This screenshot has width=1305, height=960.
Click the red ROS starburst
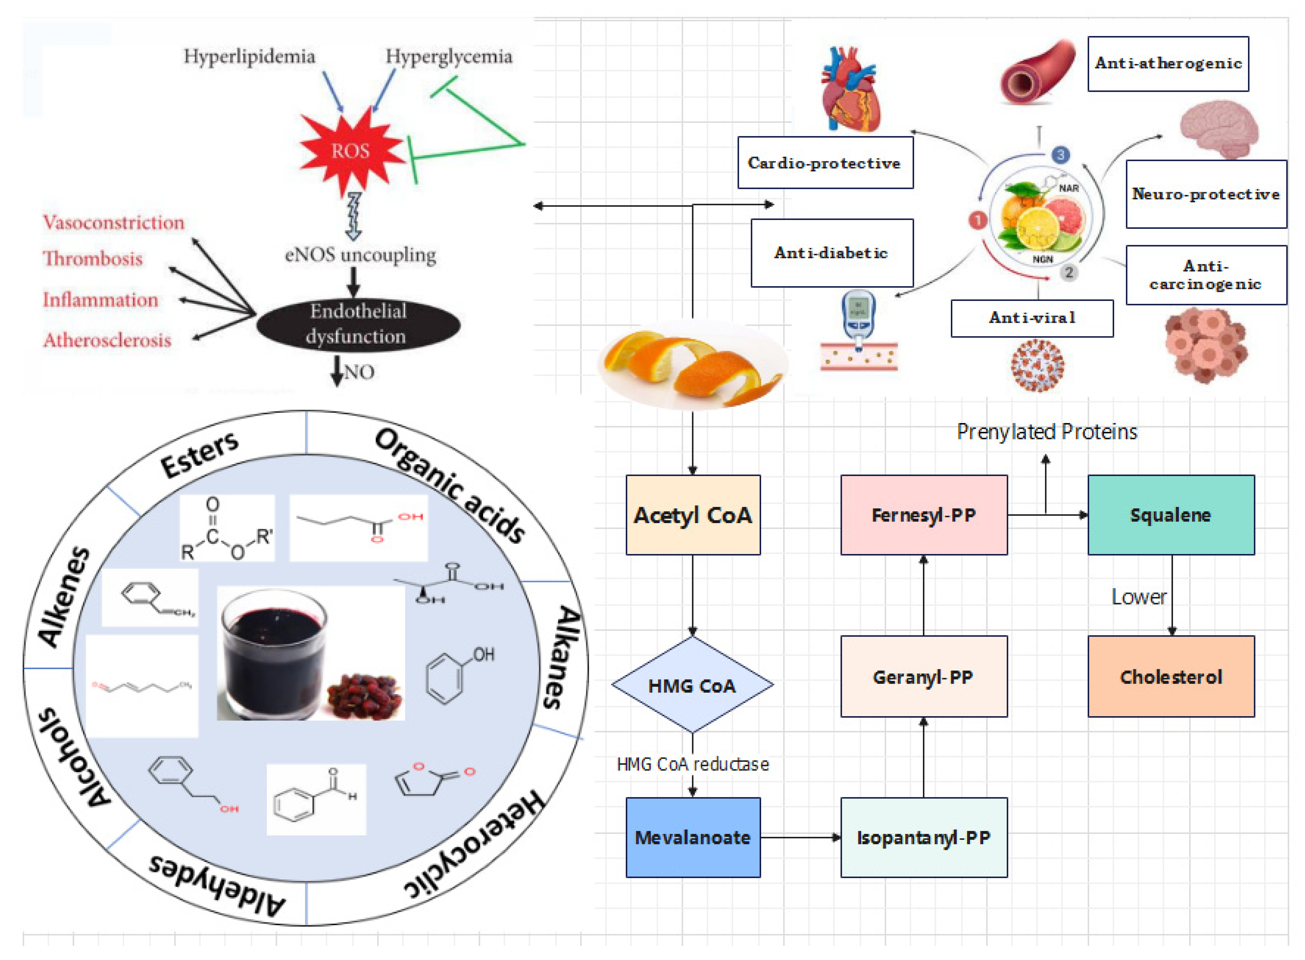tap(350, 151)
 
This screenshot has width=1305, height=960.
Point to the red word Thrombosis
tap(93, 259)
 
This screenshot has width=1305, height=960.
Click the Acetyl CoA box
tap(692, 515)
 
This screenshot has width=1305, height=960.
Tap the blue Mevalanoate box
tap(692, 837)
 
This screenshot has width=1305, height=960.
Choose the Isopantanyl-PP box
tap(924, 837)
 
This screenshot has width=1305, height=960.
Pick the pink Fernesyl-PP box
tap(924, 515)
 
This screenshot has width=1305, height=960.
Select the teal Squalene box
tap(1170, 515)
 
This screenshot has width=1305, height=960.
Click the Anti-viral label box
tap(1032, 318)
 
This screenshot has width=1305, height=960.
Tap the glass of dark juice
tap(273, 654)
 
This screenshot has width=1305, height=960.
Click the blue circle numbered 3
tap(1060, 155)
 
